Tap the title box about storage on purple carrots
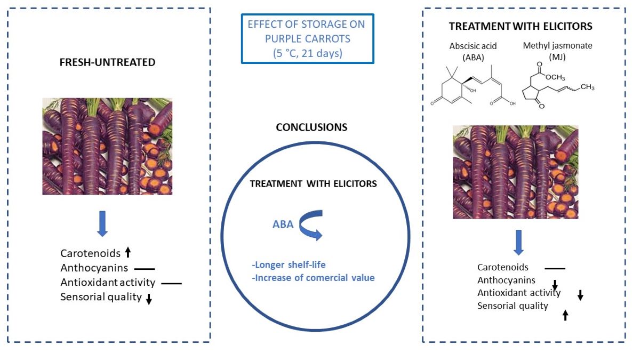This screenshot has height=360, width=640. (307, 38)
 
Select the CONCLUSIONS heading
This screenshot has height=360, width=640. (311, 127)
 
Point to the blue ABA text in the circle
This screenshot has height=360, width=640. (283, 225)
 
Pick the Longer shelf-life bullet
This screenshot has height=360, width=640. (288, 265)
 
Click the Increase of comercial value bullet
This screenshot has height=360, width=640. (314, 277)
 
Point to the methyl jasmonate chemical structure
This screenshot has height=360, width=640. (560, 88)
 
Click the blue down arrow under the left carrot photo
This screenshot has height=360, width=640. (103, 225)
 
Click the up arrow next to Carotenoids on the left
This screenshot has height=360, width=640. (128, 253)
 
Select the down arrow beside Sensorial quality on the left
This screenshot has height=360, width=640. (149, 299)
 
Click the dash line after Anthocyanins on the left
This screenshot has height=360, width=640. (144, 269)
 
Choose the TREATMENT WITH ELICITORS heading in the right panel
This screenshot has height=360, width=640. (521, 26)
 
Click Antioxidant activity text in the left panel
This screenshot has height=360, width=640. (108, 283)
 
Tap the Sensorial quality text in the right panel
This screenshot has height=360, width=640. (513, 306)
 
